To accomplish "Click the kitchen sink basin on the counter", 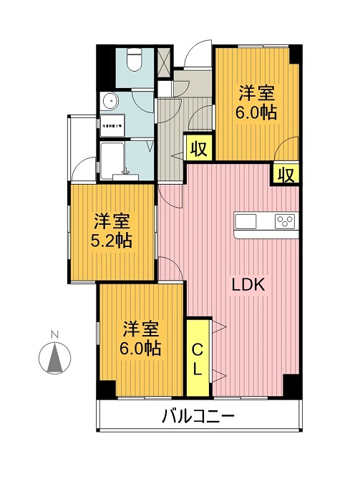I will point(245,220).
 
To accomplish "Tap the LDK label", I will point(248,284).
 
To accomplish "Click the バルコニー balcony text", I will point(199,416).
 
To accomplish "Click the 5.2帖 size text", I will point(112,241).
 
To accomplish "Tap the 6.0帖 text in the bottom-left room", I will point(140,349).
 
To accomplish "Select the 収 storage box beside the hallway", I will point(199,149).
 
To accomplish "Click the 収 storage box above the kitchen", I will point(286,174).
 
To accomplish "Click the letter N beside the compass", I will point(54,334).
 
